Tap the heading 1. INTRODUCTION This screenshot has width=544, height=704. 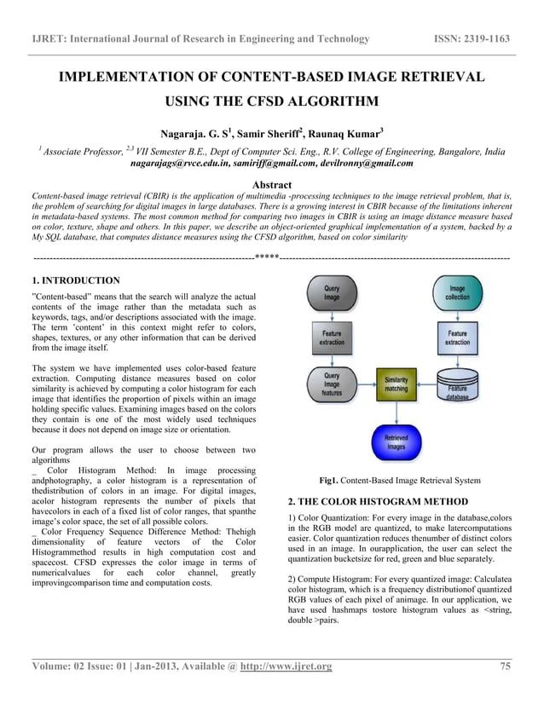click(75, 280)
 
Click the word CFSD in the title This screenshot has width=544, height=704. click(259, 103)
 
